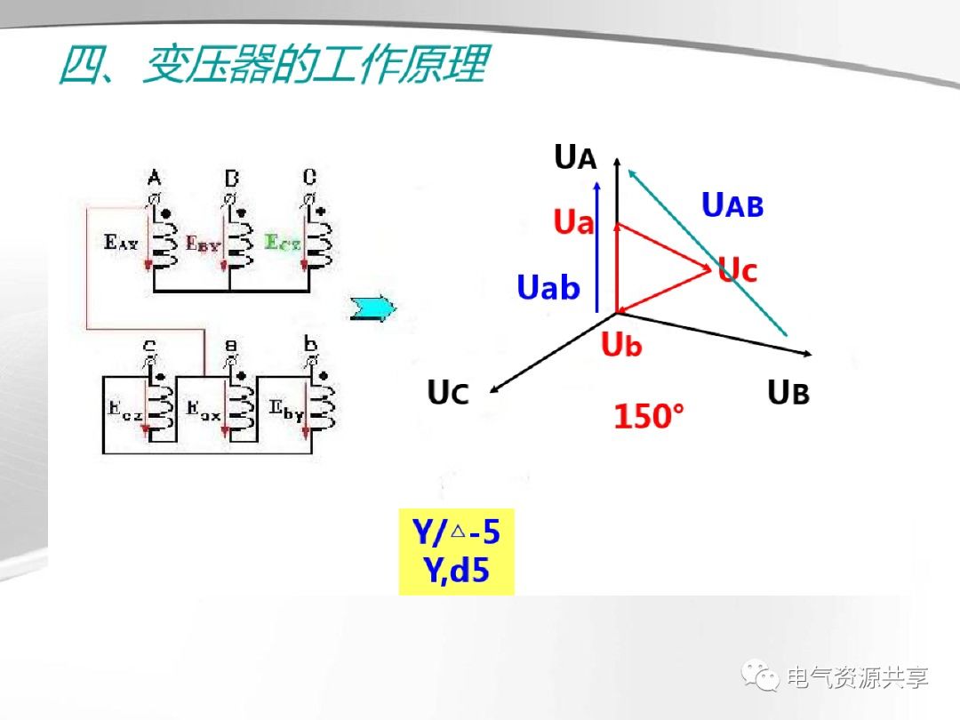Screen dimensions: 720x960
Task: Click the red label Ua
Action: pyautogui.click(x=573, y=221)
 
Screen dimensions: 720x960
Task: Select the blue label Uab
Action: pyautogui.click(x=548, y=287)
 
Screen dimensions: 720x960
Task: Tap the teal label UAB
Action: pyautogui.click(x=732, y=205)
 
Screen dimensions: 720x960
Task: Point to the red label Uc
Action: pyautogui.click(x=738, y=270)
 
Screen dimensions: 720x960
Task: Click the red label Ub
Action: pyautogui.click(x=620, y=345)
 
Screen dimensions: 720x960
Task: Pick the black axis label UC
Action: pyautogui.click(x=448, y=392)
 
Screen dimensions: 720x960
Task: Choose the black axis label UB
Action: pyautogui.click(x=788, y=392)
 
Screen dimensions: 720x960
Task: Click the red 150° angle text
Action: pyautogui.click(x=650, y=416)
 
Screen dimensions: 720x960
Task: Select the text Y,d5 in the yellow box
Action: pyautogui.click(x=456, y=570)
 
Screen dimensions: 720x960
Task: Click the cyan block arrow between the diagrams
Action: pyautogui.click(x=372, y=308)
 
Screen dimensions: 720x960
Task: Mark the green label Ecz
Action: pyautogui.click(x=283, y=242)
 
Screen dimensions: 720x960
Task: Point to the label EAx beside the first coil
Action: pyautogui.click(x=121, y=242)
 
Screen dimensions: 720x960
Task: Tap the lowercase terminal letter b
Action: pyautogui.click(x=310, y=344)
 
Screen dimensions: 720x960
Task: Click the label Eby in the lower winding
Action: pyautogui.click(x=287, y=411)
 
